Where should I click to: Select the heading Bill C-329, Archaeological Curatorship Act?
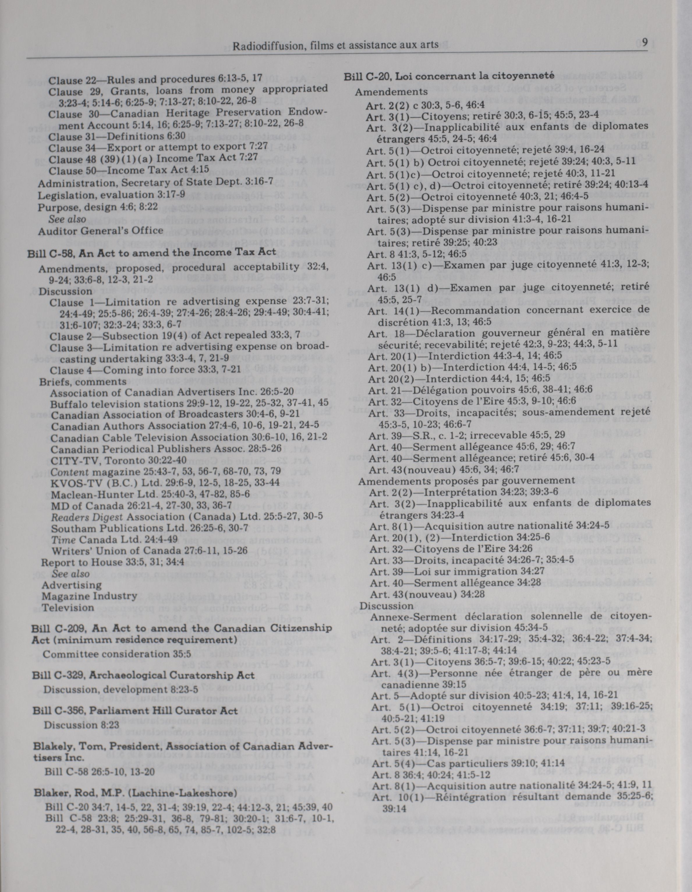coord(143,675)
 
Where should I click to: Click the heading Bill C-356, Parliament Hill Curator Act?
coord(135,710)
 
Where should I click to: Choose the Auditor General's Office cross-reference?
coord(101,231)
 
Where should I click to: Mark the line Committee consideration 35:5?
coord(117,653)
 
